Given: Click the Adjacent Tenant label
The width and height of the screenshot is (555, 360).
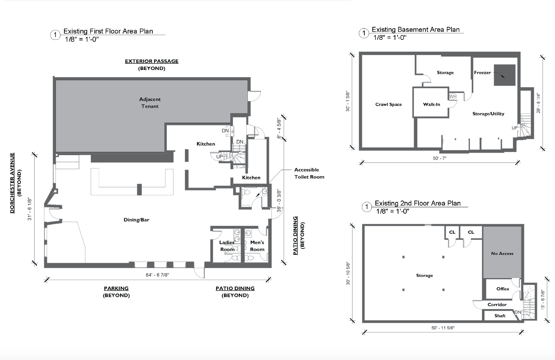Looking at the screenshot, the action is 150,103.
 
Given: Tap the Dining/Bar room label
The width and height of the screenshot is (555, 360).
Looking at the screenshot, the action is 136,220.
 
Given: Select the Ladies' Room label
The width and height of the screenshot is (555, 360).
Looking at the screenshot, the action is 227,246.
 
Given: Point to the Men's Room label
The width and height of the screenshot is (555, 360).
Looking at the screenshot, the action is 257,246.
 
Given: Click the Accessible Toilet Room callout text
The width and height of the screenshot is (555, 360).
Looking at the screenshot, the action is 309,173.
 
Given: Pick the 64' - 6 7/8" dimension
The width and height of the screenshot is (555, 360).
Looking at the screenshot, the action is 158,275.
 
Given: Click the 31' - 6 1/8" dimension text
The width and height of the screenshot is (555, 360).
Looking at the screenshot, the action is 30,209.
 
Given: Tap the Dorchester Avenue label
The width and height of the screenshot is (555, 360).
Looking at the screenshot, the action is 12,183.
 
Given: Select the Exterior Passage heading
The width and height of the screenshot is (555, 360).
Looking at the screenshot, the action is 152,61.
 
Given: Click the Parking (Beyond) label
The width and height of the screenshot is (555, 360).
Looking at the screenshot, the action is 116,292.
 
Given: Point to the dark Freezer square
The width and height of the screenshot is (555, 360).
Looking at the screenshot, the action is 505,75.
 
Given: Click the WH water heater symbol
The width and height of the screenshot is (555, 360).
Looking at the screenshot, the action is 453,97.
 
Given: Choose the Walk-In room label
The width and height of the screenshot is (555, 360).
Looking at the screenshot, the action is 432,104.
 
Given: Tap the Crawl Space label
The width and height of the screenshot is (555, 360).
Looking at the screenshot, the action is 388,104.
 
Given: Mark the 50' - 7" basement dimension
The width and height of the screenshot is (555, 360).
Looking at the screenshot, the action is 440,158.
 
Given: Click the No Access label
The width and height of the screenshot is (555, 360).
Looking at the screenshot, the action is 502,253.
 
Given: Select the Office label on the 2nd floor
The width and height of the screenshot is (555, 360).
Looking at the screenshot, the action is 503,289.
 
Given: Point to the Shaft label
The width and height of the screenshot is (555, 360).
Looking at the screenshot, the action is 500,316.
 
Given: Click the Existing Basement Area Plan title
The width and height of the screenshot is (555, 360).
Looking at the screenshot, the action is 415,30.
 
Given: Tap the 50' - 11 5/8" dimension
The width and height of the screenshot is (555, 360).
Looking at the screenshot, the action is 443,328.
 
